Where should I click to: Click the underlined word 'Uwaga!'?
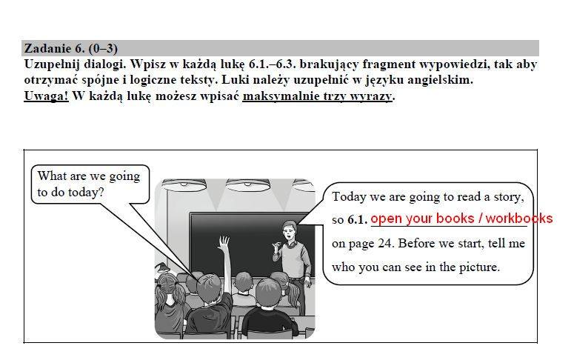[46, 96]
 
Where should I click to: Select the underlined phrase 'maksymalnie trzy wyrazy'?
[318, 96]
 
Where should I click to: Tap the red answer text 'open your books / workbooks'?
[461, 219]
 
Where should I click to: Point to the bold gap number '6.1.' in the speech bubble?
[357, 219]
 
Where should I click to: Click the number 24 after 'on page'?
[384, 243]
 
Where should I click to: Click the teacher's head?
[289, 230]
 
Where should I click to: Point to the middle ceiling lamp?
[248, 185]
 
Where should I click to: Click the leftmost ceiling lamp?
[184, 185]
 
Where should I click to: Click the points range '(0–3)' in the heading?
[103, 48]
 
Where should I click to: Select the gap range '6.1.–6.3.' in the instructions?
[273, 64]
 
